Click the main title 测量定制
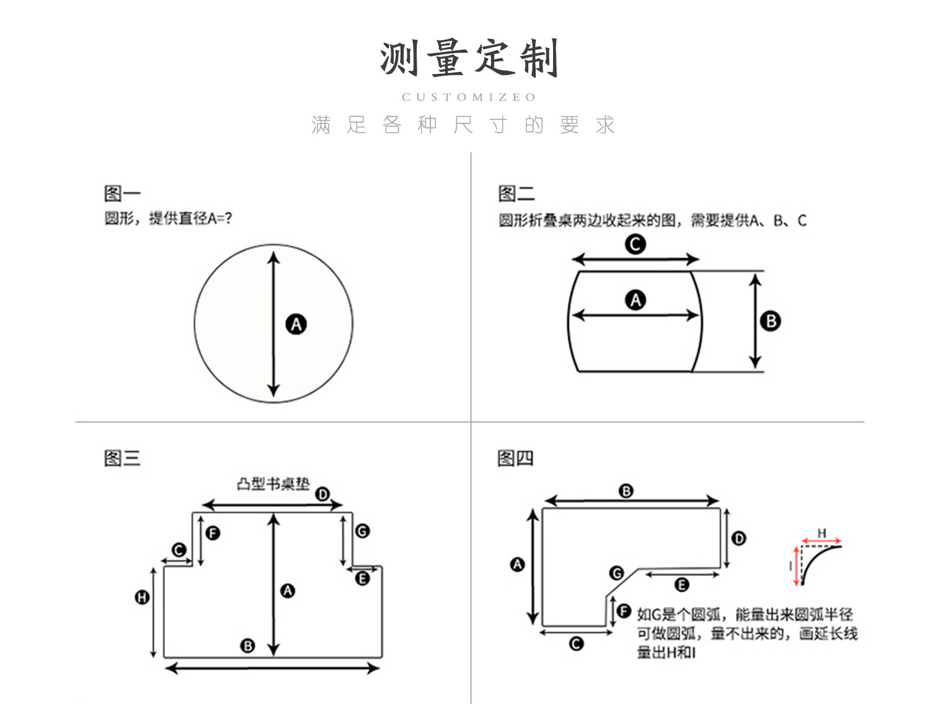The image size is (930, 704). (x=469, y=59)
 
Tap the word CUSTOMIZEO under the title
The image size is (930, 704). (x=469, y=97)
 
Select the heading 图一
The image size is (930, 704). (x=122, y=193)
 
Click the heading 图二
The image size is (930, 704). (x=516, y=193)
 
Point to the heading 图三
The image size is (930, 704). (x=122, y=459)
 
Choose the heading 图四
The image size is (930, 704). (x=515, y=459)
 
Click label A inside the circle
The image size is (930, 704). (x=296, y=324)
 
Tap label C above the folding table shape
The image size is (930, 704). (x=635, y=244)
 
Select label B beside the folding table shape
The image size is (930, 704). (x=771, y=321)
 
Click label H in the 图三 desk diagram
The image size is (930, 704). (x=142, y=597)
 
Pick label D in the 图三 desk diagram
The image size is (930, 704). (x=322, y=494)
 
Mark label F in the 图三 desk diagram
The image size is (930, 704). (x=213, y=533)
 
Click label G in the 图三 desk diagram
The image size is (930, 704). (x=362, y=531)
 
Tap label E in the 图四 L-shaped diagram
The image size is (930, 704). (x=681, y=584)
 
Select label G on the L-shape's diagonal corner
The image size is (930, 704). (x=616, y=573)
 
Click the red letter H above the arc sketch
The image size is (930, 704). (x=821, y=533)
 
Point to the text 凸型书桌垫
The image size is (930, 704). (x=273, y=484)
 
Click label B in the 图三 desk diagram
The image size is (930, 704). (x=247, y=646)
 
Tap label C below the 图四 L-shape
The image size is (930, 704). (x=576, y=644)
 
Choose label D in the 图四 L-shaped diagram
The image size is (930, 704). (x=738, y=538)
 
